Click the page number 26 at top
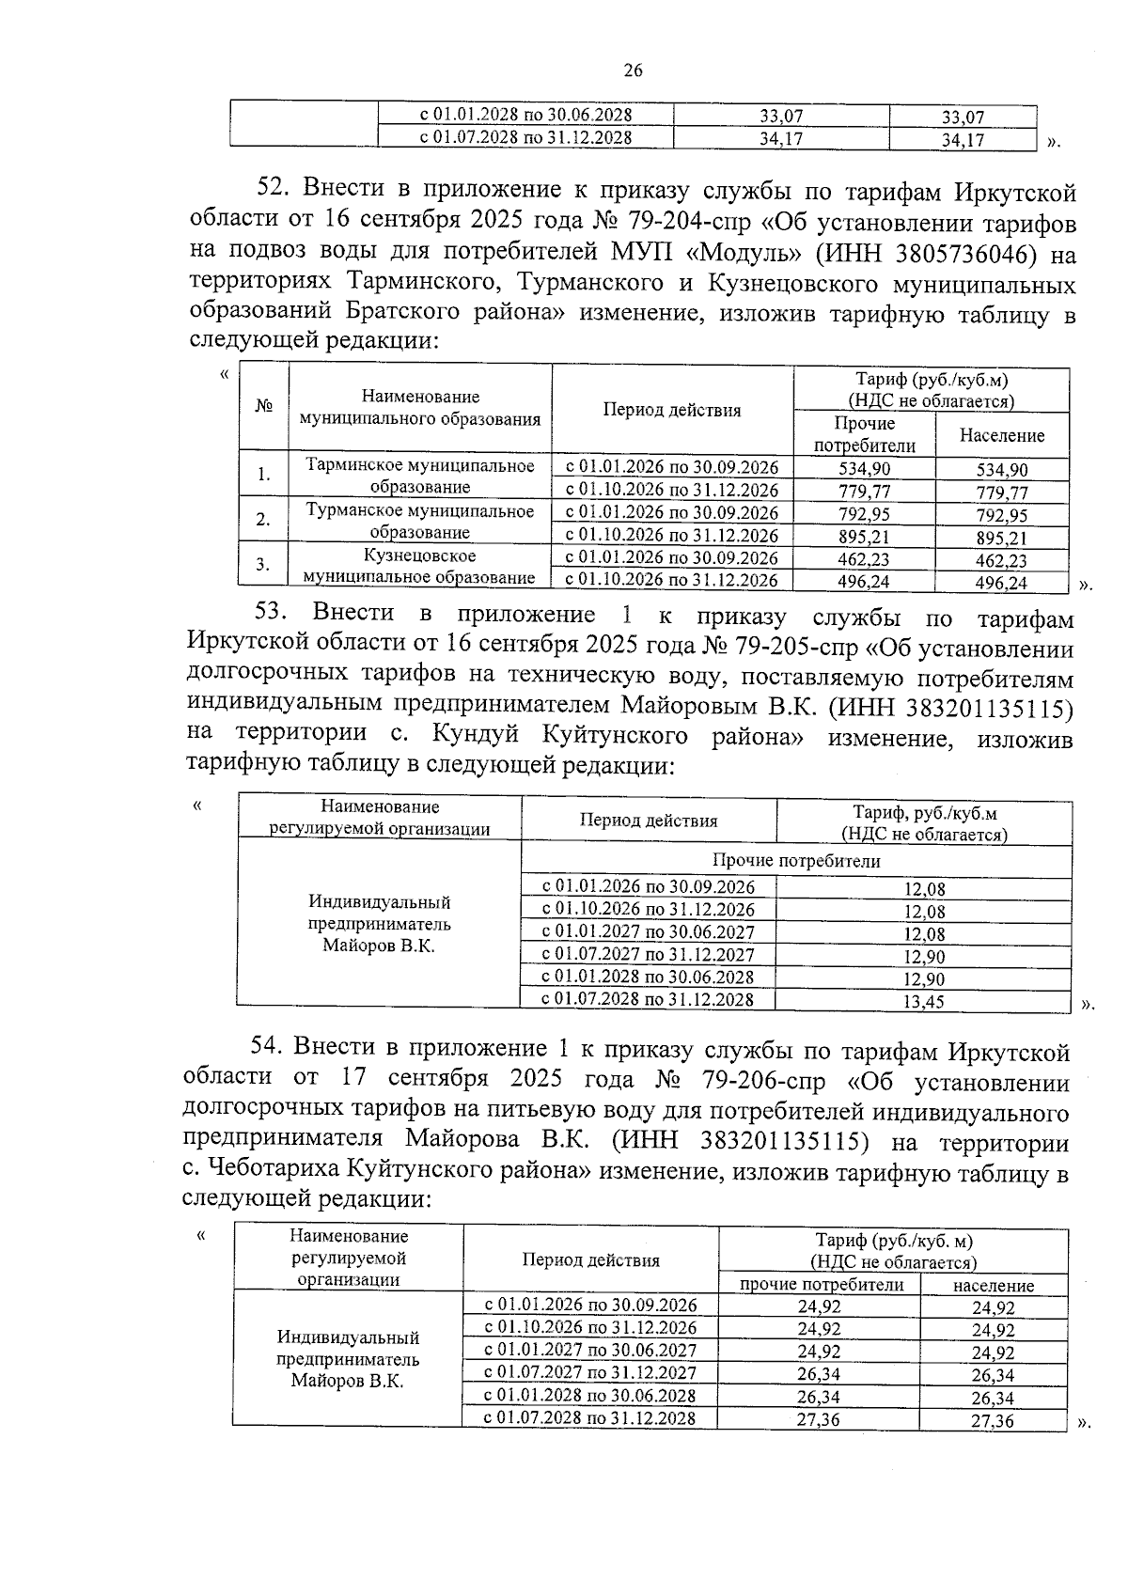633,70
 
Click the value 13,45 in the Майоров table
923,1002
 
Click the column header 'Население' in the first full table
1001,436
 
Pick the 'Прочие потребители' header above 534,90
864,435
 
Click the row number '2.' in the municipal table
264,520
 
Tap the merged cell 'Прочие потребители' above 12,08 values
796,861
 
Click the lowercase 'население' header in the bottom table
993,1286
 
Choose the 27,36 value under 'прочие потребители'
818,1420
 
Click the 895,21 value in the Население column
1001,539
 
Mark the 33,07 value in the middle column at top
780,117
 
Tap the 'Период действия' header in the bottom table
590,1260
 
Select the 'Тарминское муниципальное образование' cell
419,477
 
